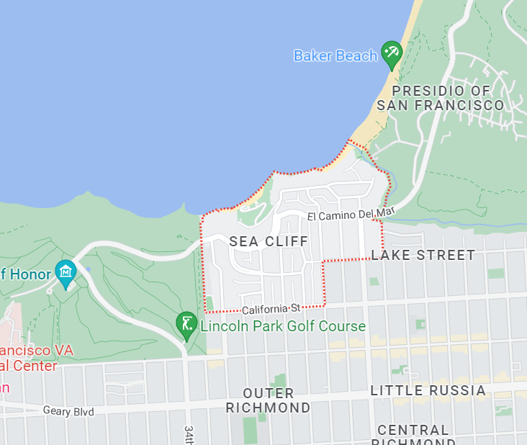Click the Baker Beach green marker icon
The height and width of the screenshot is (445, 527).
[391, 53]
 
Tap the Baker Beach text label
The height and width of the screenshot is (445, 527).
[335, 55]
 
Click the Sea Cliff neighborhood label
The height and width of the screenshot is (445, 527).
[269, 241]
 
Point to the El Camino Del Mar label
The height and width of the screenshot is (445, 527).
[351, 215]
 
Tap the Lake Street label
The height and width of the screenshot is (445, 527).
[423, 255]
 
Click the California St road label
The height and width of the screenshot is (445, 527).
[270, 308]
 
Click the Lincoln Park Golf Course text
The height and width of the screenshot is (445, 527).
[283, 326]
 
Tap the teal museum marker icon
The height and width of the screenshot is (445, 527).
[66, 273]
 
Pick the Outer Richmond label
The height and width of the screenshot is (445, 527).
[268, 400]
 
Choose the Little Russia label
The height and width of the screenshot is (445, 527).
[428, 390]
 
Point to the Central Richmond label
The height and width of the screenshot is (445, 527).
[413, 435]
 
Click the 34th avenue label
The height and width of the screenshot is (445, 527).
[189, 434]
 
